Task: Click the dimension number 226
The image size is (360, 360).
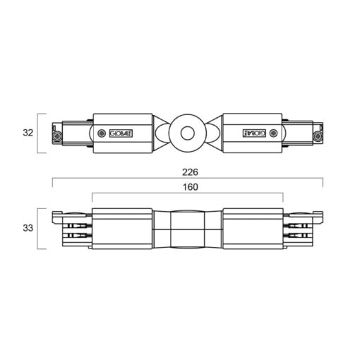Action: coord(190,172)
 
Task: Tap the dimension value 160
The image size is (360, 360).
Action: coord(191,187)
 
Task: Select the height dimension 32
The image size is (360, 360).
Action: coord(28,133)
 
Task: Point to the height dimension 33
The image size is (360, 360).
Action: coord(28,228)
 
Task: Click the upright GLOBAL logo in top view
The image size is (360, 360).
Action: coord(121,133)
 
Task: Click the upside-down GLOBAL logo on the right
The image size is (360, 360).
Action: coord(254,133)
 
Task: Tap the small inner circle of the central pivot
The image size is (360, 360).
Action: coord(188,133)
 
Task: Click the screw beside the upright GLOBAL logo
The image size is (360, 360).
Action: coord(102,133)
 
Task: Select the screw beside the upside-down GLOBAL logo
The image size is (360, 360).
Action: coord(273,133)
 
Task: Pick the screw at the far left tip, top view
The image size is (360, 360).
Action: coord(57,136)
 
